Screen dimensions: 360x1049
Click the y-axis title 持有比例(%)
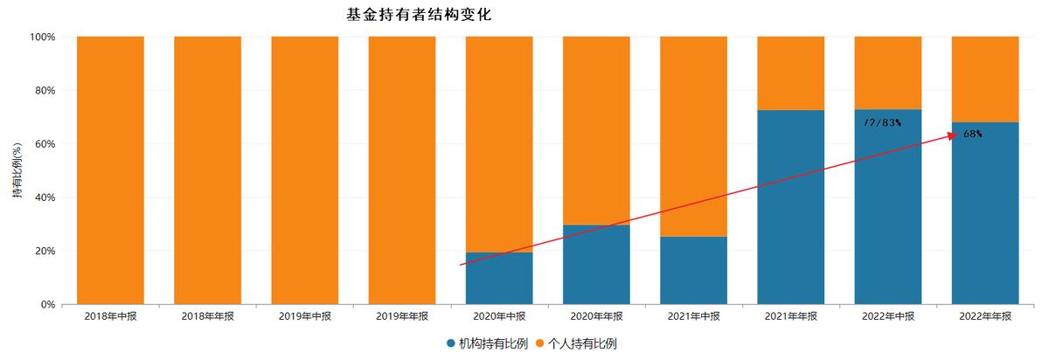click(17, 171)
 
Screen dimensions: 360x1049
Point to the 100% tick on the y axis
click(43, 38)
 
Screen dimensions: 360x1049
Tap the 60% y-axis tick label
click(45, 144)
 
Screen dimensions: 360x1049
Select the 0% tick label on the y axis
click(48, 305)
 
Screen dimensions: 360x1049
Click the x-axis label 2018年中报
click(110, 316)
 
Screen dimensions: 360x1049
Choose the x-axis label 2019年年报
click(401, 316)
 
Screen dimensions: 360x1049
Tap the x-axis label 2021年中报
click(693, 316)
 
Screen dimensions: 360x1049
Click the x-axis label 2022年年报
click(984, 316)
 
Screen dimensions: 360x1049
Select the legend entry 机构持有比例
click(488, 343)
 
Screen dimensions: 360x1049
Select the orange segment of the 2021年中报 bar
click(693, 136)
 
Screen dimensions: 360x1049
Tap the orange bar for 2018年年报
click(207, 170)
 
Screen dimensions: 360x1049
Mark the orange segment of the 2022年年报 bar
click(984, 79)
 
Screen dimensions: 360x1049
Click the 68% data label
click(972, 135)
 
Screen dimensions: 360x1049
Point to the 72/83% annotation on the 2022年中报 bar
click(881, 123)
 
